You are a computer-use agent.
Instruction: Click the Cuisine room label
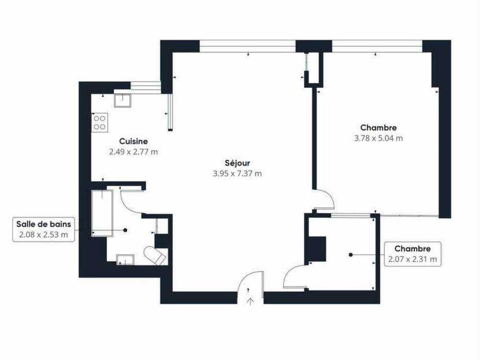coord(133,142)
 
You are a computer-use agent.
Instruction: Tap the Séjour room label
coord(237,163)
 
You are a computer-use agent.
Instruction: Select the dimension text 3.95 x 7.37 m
coord(237,174)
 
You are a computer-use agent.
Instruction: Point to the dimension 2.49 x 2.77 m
coord(133,152)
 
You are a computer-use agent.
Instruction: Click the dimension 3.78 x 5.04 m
coord(378,138)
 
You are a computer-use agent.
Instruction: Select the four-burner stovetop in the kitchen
coord(100,122)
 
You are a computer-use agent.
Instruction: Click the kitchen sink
coord(124,100)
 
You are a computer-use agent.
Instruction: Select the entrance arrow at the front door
coord(251,301)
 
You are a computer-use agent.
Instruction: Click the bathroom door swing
coord(131,202)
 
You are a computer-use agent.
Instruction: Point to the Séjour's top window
coord(247,46)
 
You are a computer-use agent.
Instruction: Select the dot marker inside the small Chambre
coord(351,254)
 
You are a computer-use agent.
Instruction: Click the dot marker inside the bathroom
coord(125,230)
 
